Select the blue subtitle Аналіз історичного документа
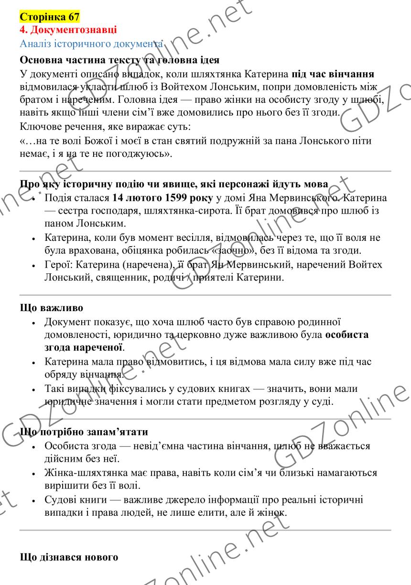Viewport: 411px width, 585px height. (91, 43)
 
